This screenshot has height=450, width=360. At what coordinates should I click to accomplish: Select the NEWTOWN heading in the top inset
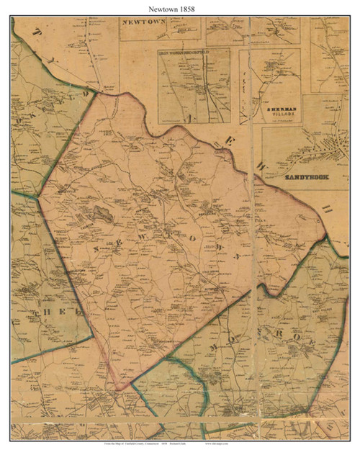[144, 23]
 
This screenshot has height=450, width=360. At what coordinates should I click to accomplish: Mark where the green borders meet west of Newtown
[40, 194]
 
